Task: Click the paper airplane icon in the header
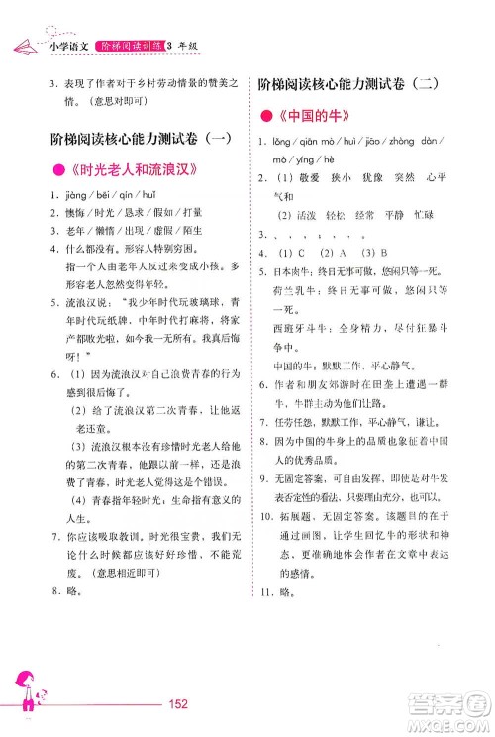tap(22, 44)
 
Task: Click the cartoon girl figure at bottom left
tap(22, 693)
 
